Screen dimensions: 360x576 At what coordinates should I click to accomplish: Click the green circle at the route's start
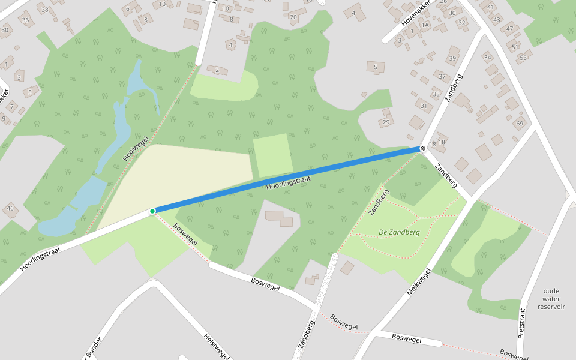152,211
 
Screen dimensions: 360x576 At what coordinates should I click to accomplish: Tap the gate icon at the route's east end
423,148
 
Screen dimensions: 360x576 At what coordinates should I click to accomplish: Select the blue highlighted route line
288,179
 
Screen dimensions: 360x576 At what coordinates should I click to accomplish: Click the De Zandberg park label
399,232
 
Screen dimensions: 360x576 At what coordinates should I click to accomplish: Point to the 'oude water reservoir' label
551,298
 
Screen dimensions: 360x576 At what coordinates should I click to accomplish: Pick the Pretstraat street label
521,323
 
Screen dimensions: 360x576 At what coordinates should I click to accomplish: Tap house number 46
10,208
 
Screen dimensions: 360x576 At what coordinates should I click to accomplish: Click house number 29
386,122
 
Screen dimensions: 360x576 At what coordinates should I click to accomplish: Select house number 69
520,124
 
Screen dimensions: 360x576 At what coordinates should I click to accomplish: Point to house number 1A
425,25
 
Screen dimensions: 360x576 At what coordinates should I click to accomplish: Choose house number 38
44,10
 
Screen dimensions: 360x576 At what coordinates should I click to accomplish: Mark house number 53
523,58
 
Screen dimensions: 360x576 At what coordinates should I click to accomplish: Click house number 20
293,17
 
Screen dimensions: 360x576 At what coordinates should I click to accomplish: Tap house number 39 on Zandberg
452,58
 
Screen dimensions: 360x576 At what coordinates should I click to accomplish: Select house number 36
25,20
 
